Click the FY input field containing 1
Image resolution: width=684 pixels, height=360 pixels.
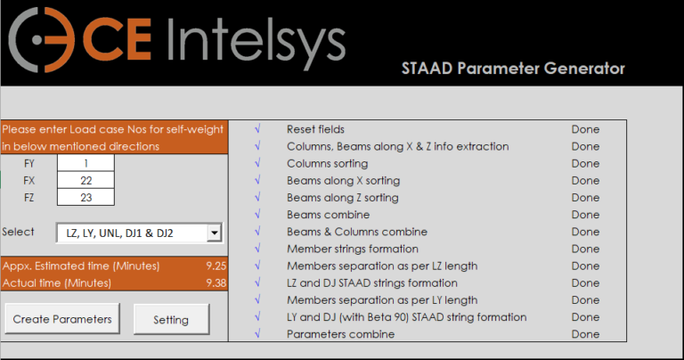pos(85,163)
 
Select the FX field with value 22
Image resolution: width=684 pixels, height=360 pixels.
pos(85,180)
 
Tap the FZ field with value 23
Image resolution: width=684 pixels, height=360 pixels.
pos(85,197)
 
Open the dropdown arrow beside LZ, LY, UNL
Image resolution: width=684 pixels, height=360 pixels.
pos(213,233)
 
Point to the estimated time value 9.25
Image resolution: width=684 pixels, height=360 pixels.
pos(214,266)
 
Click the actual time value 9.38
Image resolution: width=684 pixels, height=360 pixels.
pos(214,282)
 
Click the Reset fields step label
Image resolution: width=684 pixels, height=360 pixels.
pos(315,129)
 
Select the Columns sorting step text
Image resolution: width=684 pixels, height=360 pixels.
pos(327,164)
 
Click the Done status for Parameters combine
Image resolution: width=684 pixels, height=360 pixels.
pos(585,334)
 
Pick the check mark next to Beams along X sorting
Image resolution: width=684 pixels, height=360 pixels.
pos(256,181)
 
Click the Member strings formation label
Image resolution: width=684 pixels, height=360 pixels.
pos(352,249)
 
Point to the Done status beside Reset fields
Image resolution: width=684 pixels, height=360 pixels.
pos(585,129)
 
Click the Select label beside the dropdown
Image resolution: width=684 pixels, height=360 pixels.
pos(18,232)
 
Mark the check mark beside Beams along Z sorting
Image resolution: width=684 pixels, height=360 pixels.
pos(256,198)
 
